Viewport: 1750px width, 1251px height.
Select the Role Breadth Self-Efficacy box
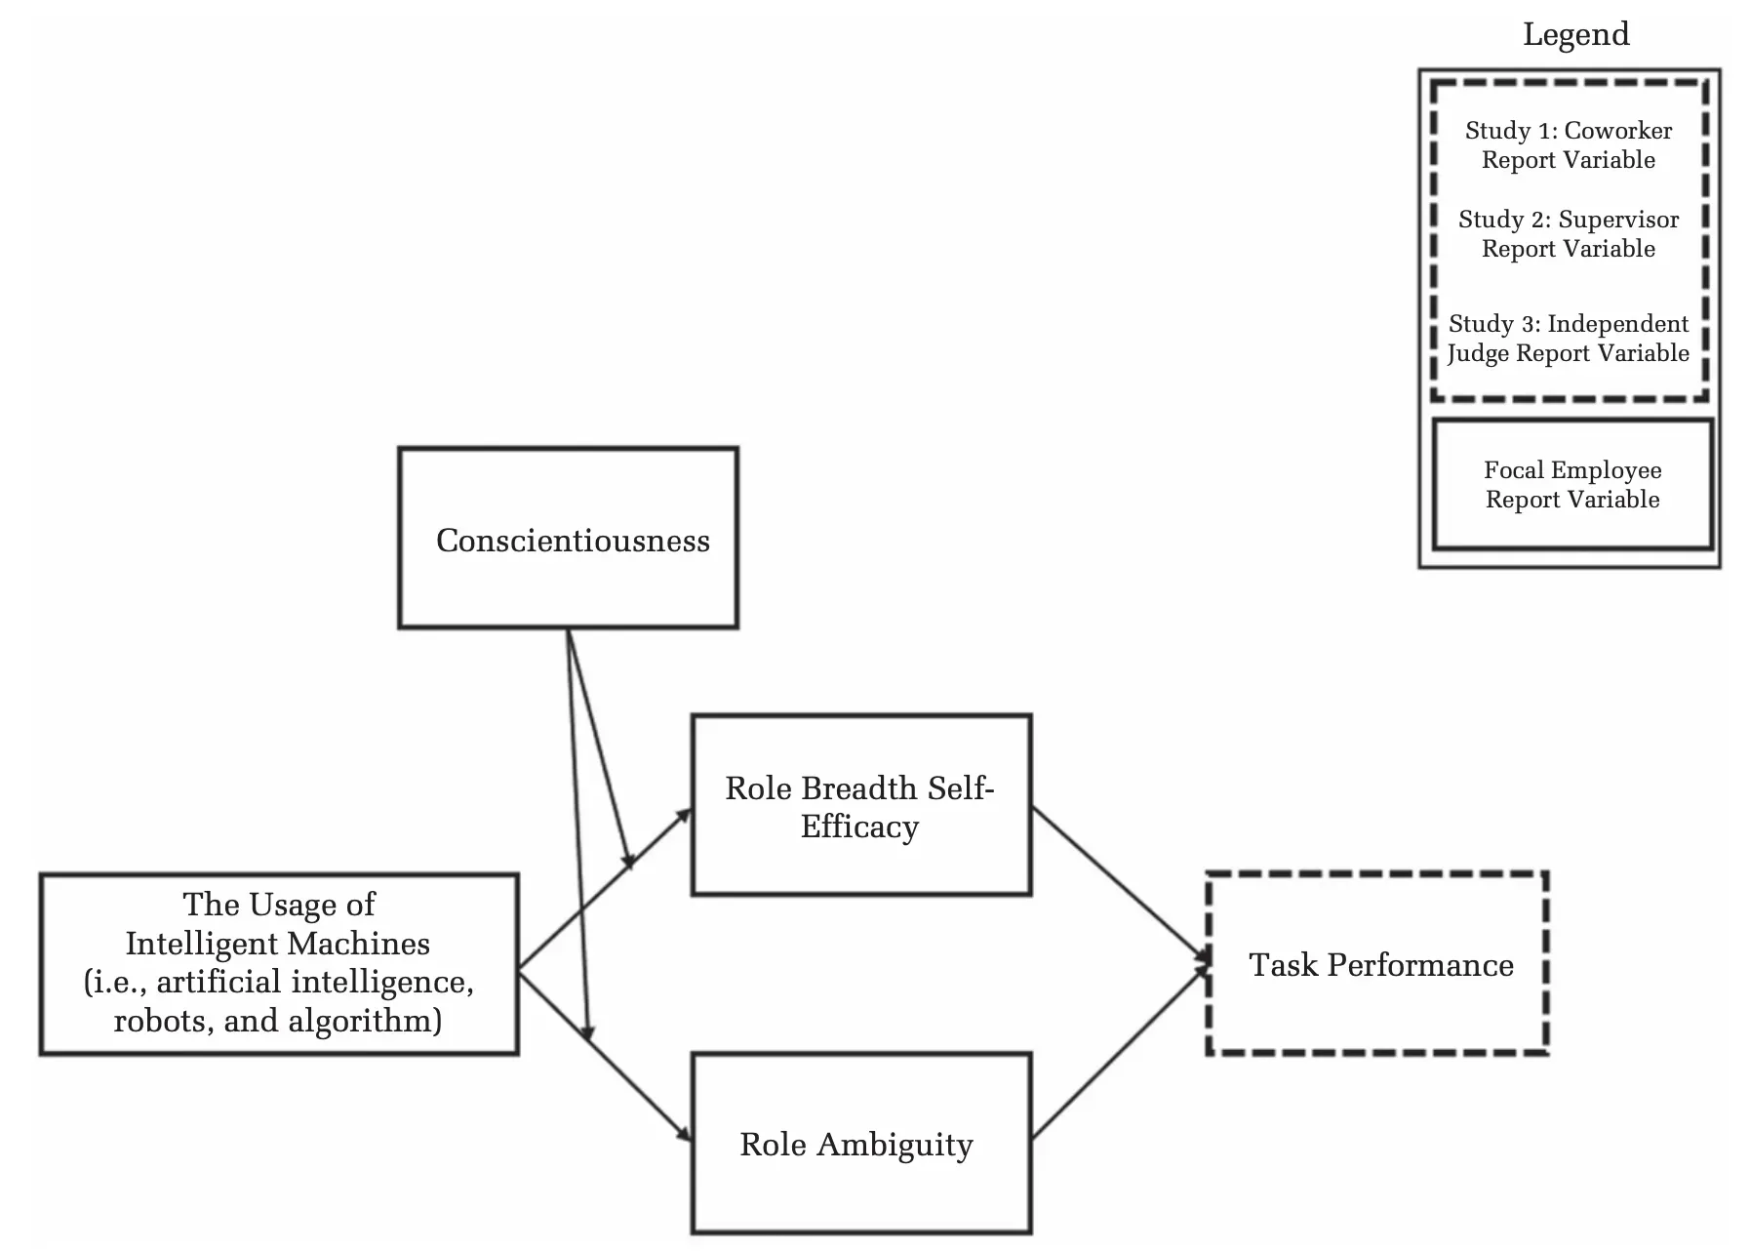(860, 806)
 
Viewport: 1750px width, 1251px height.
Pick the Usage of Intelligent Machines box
(278, 963)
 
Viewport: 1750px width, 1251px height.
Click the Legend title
(1575, 34)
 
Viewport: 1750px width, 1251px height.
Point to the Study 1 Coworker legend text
(1569, 144)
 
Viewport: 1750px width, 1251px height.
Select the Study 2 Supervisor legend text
(1569, 233)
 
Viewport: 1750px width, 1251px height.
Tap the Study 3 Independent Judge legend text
(1569, 338)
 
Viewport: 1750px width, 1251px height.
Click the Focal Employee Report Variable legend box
(1572, 484)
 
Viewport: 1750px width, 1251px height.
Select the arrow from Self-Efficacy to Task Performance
(1120, 884)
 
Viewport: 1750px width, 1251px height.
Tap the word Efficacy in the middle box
(859, 827)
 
